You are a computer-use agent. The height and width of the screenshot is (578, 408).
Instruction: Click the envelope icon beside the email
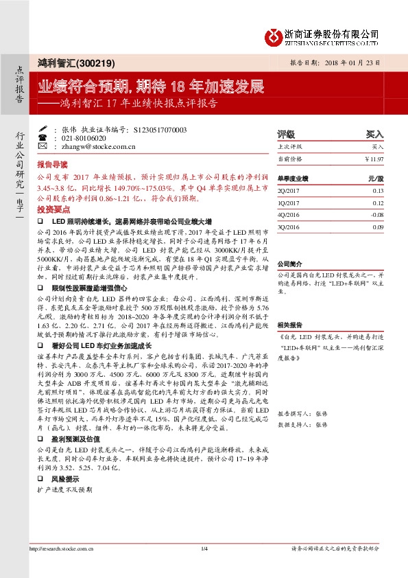pos(43,146)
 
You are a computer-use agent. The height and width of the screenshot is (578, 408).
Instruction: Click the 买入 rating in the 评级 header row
pos(375,134)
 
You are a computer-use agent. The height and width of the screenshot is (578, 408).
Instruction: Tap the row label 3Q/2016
pos(289,226)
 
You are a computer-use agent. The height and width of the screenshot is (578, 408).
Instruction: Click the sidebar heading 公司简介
pos(289,264)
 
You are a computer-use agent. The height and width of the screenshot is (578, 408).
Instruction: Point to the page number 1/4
pos(204,567)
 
